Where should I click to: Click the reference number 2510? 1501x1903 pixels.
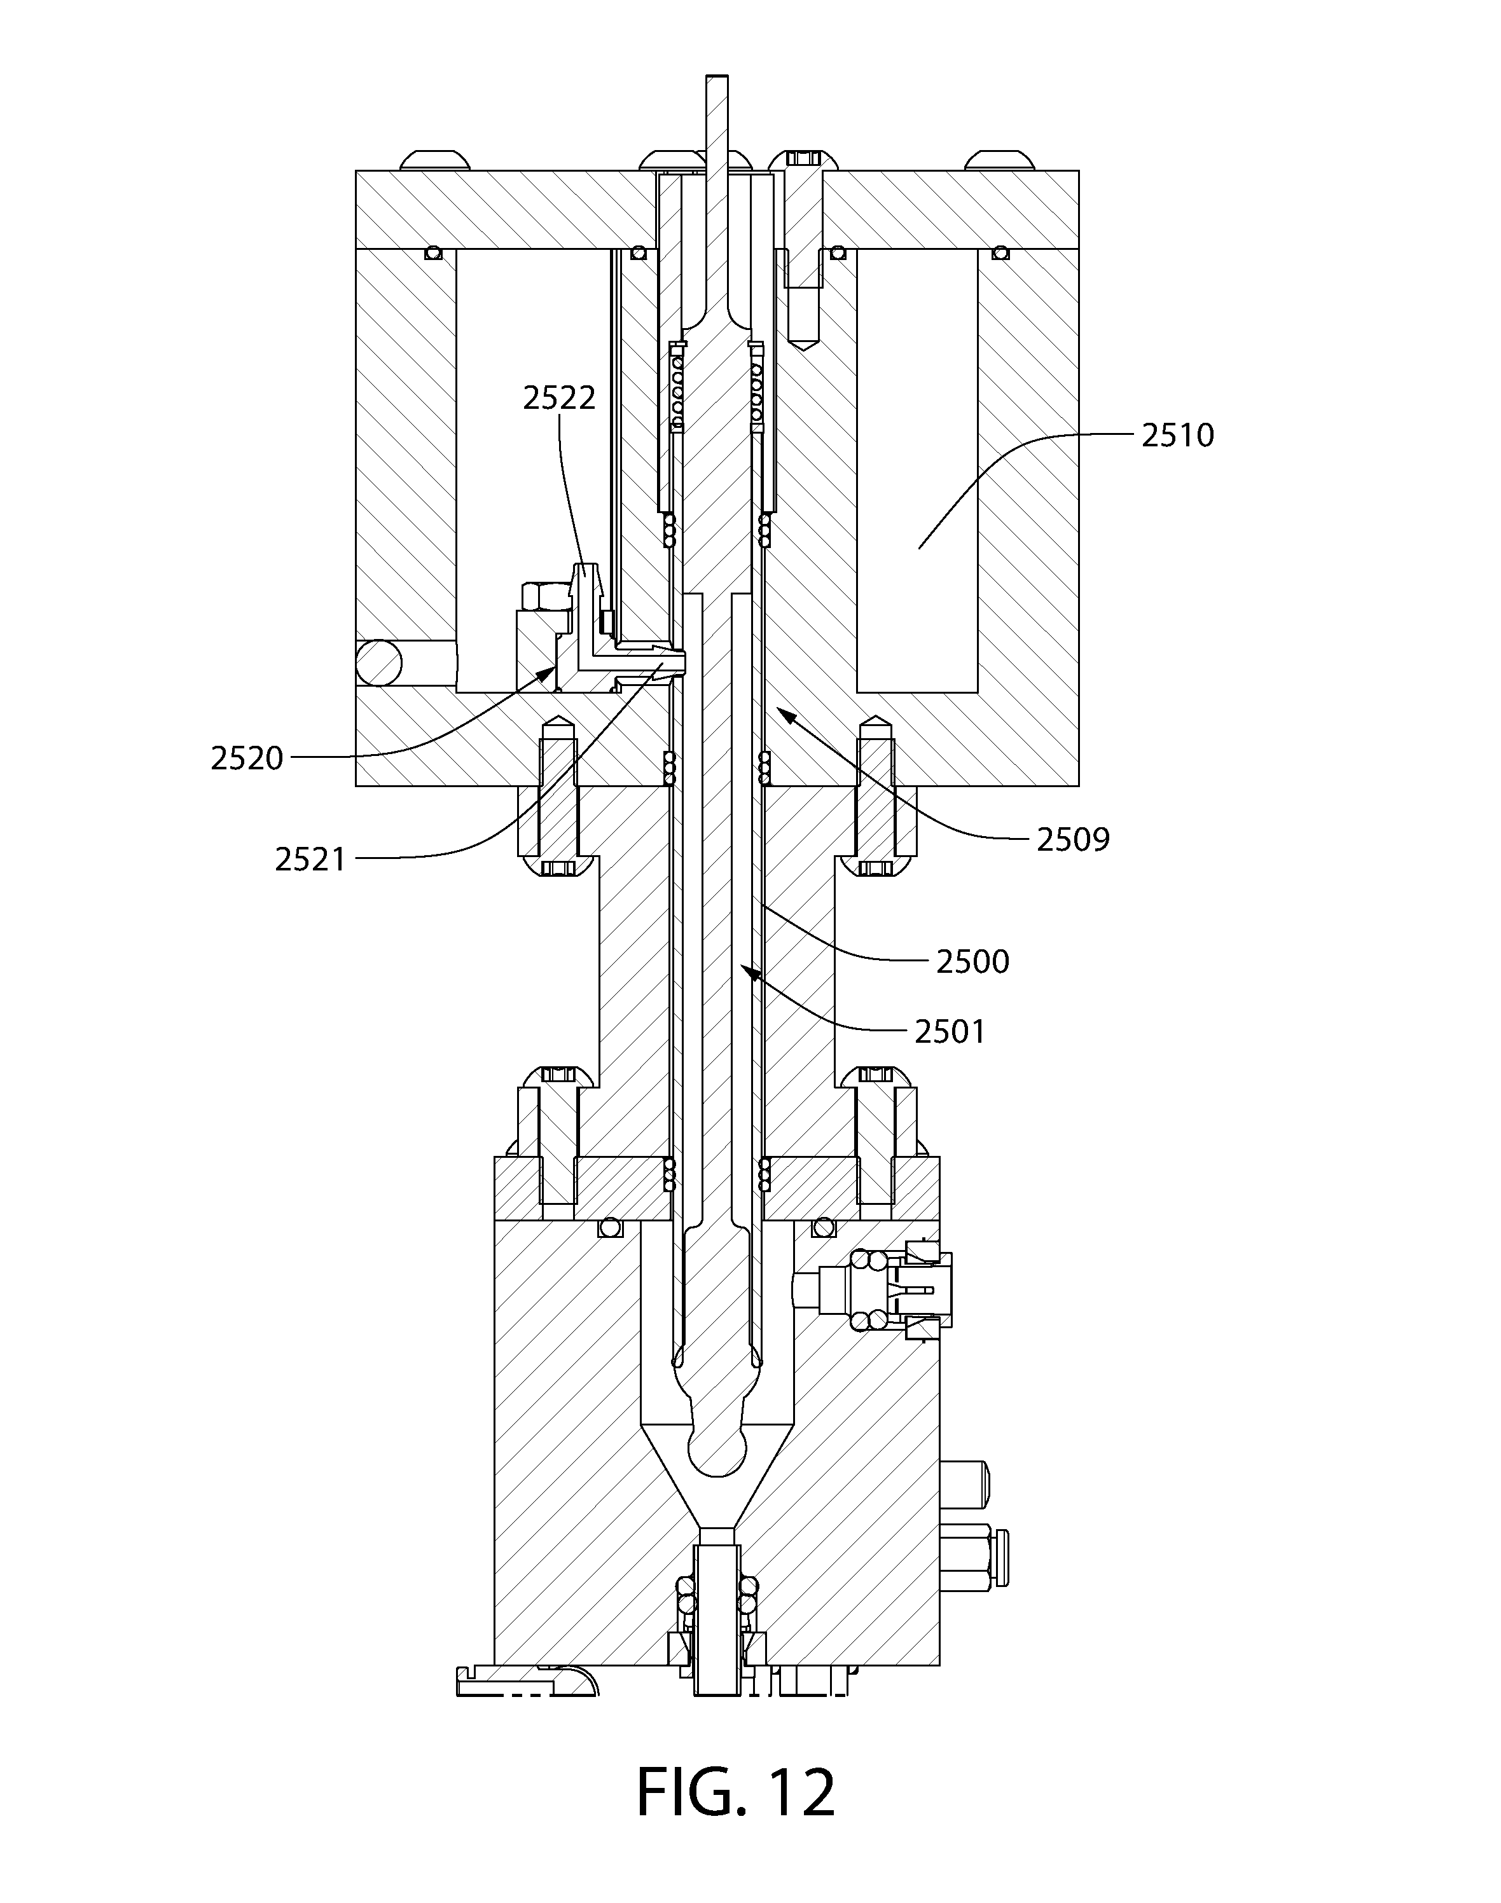[x=1178, y=435]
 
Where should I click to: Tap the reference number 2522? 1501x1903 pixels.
[x=559, y=398]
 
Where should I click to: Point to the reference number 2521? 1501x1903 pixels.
[x=311, y=858]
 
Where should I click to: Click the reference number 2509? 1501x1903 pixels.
[x=1073, y=840]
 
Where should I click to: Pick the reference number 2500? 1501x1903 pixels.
[x=973, y=962]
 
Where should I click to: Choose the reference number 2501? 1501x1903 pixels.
[x=950, y=1031]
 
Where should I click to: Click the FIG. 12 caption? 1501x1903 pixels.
[x=736, y=1792]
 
